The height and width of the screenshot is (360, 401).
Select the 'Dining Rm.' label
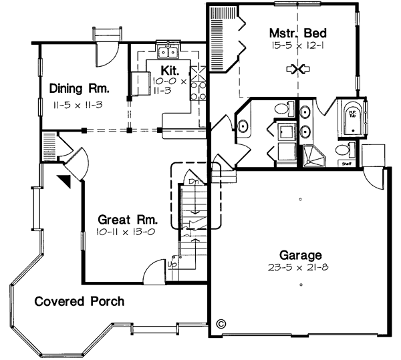point(79,88)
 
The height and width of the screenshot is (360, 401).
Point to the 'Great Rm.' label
point(128,219)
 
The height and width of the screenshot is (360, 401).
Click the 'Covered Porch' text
point(80,301)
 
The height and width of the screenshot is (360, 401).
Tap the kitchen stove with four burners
point(198,83)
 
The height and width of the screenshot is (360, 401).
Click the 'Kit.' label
point(168,69)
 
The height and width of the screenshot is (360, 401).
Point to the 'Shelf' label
point(346,162)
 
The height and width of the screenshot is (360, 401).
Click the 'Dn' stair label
point(192,182)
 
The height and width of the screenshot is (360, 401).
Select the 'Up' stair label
point(172,264)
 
